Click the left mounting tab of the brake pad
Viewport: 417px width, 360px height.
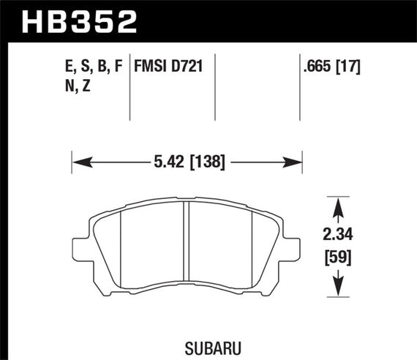pos(82,247)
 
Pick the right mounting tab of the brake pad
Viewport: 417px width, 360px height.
pos(293,247)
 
